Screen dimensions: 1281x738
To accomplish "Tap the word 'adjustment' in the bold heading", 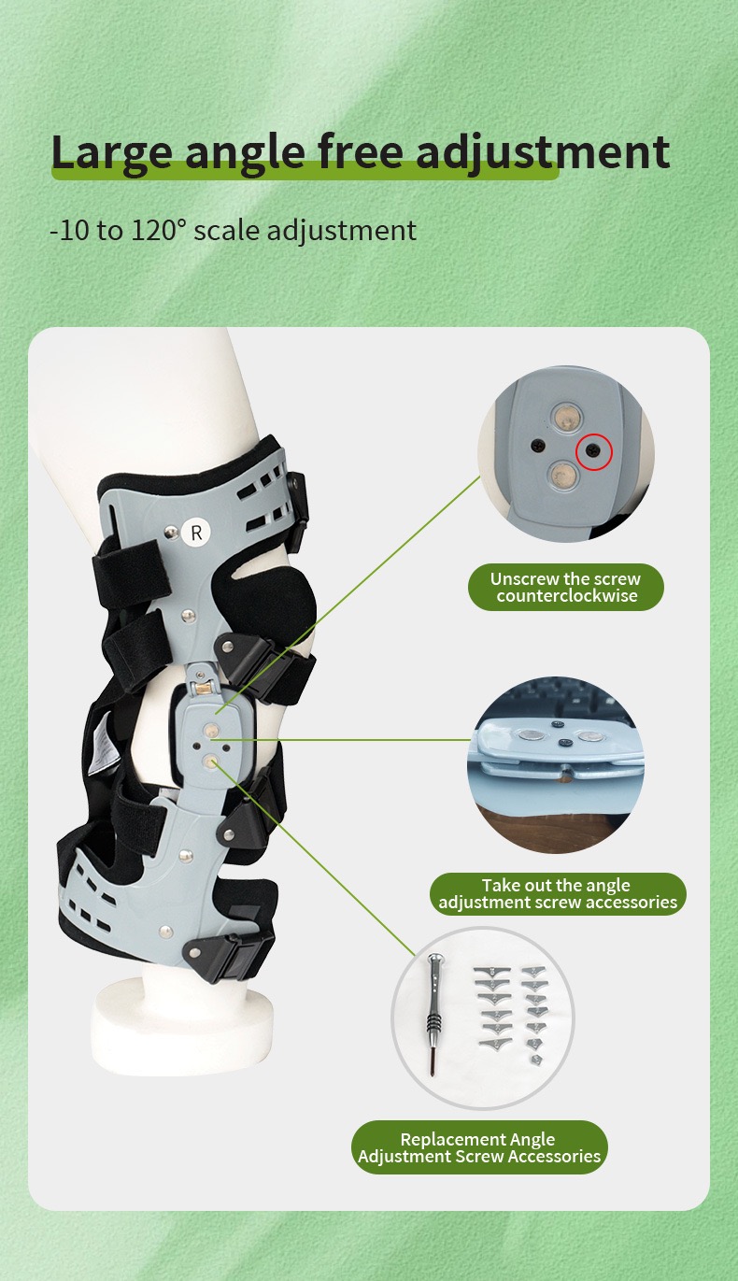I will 542,153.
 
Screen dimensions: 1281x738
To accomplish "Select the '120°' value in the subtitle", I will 161,230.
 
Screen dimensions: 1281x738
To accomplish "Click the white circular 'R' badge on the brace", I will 196,533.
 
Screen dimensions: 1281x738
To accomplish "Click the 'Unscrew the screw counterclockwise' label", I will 565,588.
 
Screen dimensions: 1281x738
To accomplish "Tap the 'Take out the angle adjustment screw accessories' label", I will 558,894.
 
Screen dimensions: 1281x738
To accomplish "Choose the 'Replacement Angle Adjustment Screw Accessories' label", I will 478,1148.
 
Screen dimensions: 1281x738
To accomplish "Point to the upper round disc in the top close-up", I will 564,417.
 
